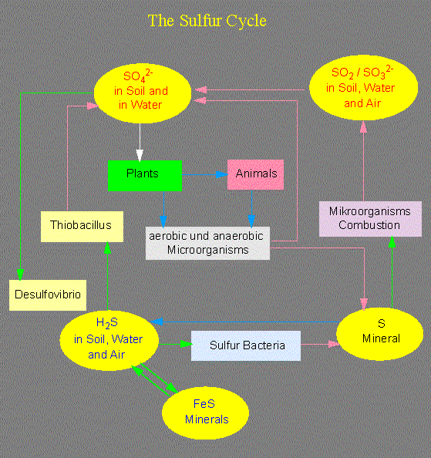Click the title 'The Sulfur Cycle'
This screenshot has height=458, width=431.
click(x=207, y=21)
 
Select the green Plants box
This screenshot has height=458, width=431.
click(x=145, y=176)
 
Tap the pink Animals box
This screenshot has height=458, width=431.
click(x=255, y=174)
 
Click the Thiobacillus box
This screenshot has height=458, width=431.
click(x=82, y=227)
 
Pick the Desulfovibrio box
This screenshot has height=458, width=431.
click(x=48, y=295)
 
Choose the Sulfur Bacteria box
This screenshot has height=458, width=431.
click(x=246, y=345)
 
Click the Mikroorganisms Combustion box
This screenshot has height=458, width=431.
click(x=370, y=219)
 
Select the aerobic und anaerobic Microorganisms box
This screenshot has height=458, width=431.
click(x=207, y=243)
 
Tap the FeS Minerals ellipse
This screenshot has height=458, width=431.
click(x=205, y=413)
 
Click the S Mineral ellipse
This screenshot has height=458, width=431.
click(x=380, y=334)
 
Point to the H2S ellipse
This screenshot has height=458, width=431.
click(x=109, y=340)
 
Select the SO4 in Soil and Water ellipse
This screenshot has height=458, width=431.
click(x=142, y=93)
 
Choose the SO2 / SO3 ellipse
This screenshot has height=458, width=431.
click(x=364, y=87)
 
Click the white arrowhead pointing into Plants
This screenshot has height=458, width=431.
click(x=140, y=155)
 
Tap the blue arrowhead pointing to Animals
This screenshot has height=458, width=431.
click(x=222, y=175)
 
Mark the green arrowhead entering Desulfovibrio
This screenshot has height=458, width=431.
click(x=20, y=274)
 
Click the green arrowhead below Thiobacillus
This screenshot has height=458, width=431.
click(x=107, y=248)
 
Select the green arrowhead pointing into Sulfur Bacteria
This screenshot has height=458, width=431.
click(x=187, y=344)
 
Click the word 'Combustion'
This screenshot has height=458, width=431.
click(x=369, y=225)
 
